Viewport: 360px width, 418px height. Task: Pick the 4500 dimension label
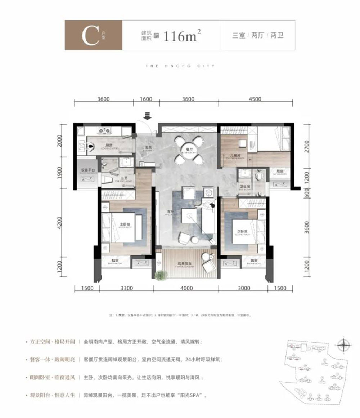(255, 99)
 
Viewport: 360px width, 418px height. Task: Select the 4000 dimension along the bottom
(185, 288)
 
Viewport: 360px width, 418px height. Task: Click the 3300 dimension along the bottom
(126, 288)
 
